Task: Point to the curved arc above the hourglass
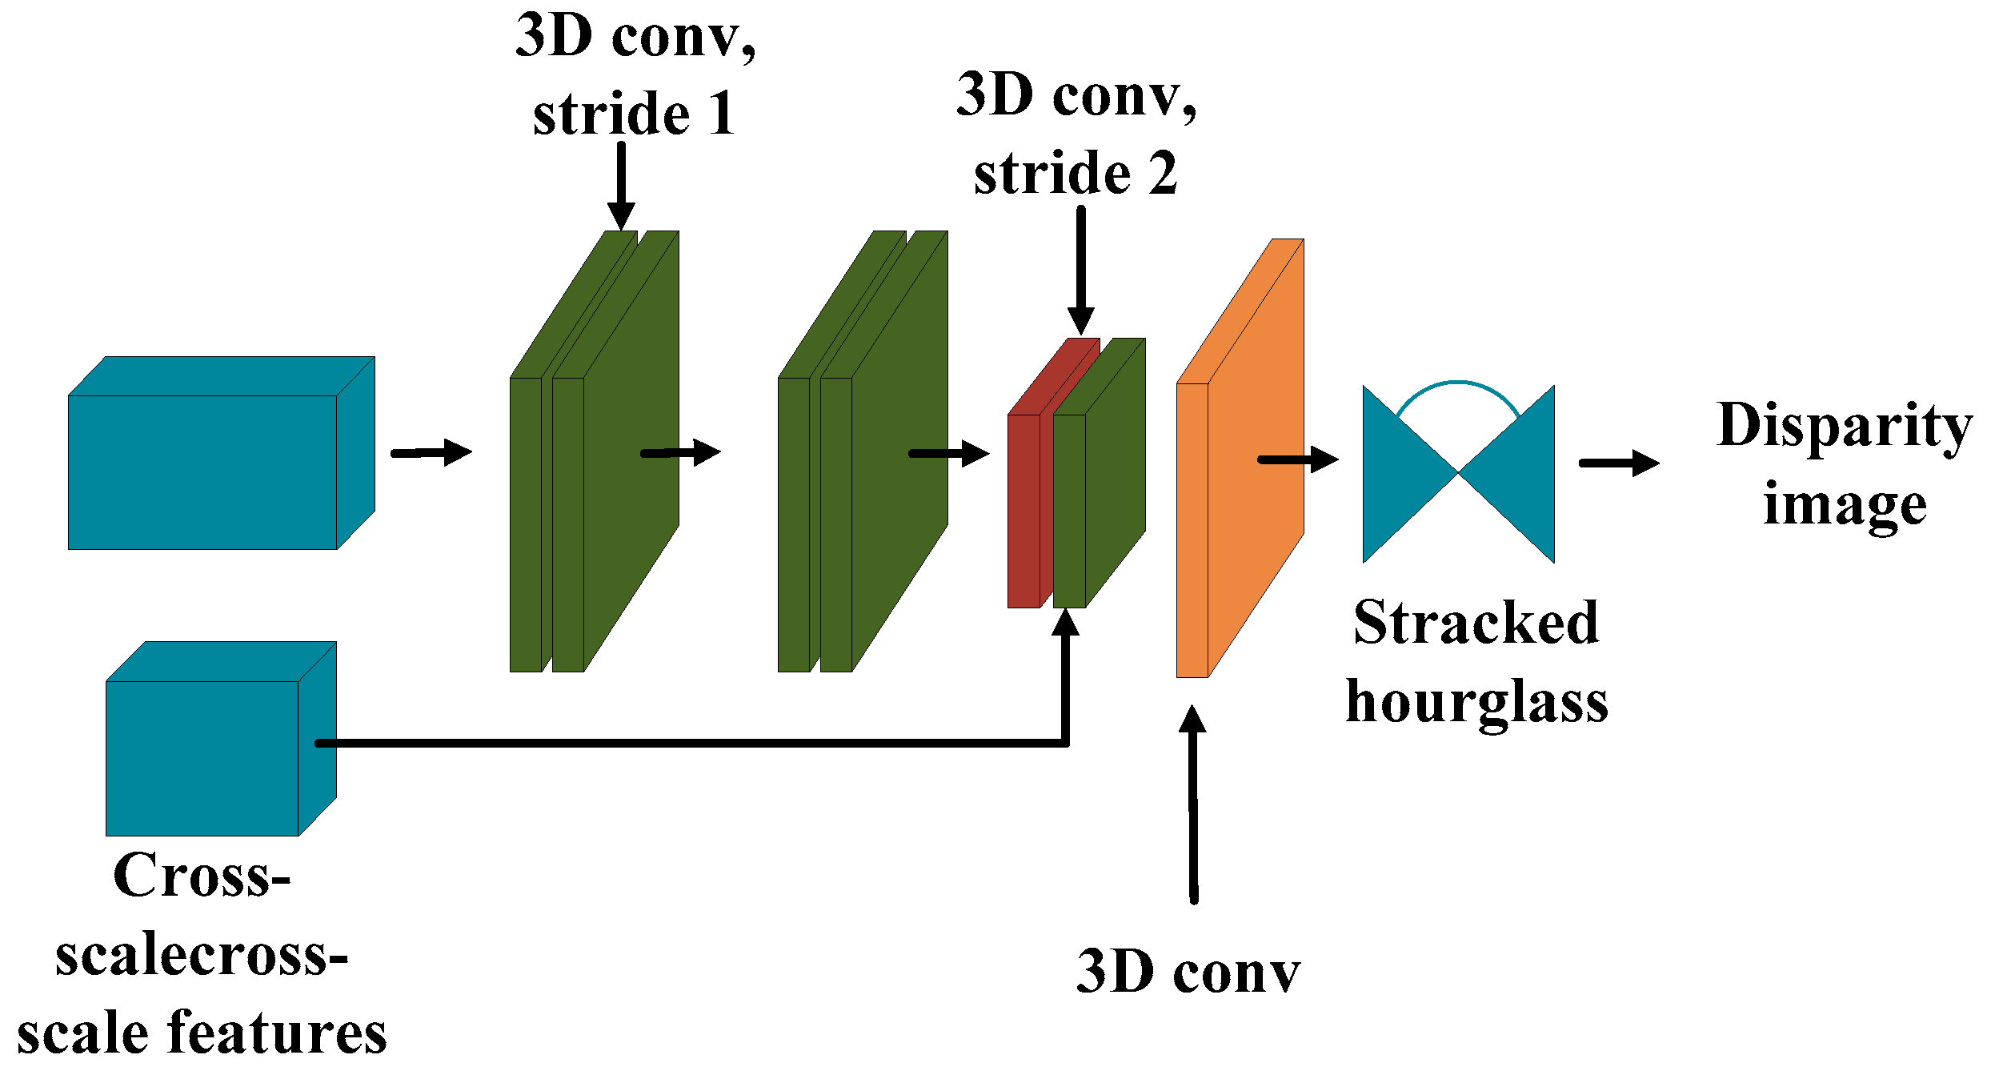click(1458, 385)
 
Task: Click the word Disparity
click(1844, 427)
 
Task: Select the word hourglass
click(1476, 703)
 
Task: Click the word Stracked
click(1476, 622)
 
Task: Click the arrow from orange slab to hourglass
click(1297, 459)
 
